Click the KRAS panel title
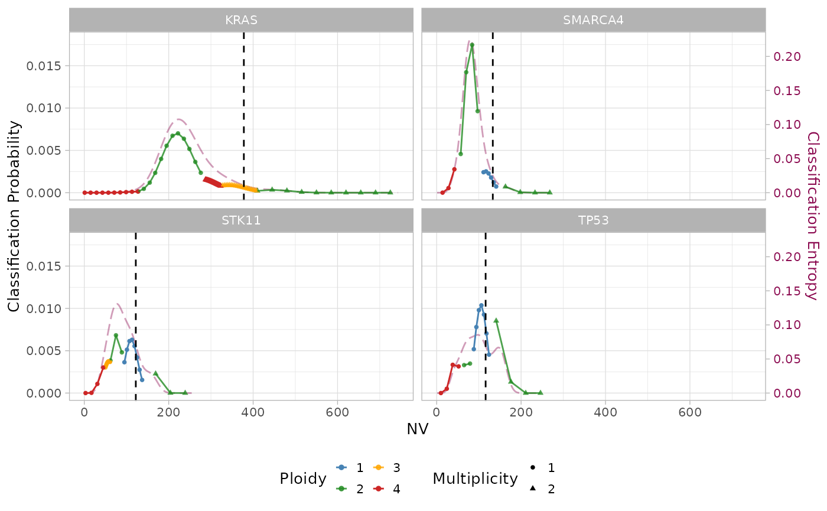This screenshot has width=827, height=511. point(241,20)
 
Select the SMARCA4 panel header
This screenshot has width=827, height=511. point(593,20)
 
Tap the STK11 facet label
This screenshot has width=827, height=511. point(241,220)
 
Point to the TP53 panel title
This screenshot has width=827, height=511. point(593,220)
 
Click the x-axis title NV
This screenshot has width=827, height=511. point(417,429)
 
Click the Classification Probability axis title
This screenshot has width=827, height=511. point(14,216)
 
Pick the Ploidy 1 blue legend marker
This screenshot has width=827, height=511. point(341,468)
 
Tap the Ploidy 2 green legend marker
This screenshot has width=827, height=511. point(341,489)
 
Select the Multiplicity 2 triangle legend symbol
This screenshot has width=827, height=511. point(533,489)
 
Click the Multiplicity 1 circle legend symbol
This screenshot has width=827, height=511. point(533,468)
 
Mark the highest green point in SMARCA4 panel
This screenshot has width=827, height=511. point(471,45)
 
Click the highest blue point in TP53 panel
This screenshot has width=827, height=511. point(481,305)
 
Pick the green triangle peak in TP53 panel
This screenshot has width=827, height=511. point(496,320)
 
